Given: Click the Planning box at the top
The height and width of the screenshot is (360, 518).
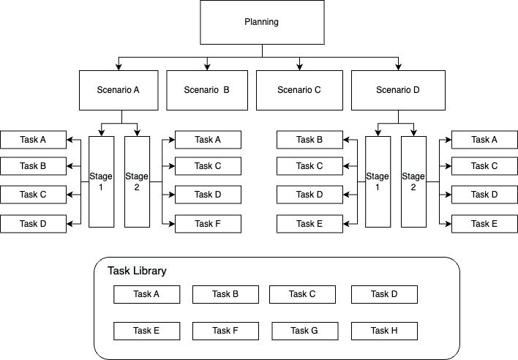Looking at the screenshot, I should click(x=260, y=22).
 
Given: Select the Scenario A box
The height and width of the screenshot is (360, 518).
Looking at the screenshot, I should click(x=121, y=91).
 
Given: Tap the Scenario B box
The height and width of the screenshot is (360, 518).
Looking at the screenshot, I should click(x=206, y=91).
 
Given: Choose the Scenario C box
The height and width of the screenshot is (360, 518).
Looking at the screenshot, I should click(x=299, y=91).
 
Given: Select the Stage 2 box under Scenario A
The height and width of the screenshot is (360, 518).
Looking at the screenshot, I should click(x=137, y=181).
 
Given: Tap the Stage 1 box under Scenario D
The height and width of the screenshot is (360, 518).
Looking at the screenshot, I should click(x=377, y=181).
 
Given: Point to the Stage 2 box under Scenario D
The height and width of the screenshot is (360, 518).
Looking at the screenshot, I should click(x=413, y=181).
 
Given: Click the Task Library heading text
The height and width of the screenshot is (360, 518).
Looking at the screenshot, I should click(x=137, y=271).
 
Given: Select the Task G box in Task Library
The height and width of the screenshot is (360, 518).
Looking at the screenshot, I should click(x=304, y=331).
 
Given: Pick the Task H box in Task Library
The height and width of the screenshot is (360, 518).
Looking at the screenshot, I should click(x=384, y=331).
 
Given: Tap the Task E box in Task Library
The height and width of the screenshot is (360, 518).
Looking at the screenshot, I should click(x=146, y=331).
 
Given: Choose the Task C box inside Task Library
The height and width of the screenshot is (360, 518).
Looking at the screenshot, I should click(x=302, y=294).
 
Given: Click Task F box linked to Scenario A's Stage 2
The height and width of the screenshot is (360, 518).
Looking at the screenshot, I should click(x=208, y=224).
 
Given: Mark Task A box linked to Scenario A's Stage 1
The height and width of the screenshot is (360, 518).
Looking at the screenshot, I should click(x=33, y=139).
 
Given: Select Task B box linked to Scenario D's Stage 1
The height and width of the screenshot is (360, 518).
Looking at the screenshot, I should click(x=309, y=139).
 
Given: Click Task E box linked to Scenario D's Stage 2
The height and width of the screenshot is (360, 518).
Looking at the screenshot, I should click(x=484, y=224).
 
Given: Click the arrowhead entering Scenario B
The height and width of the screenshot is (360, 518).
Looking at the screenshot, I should click(x=207, y=67).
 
